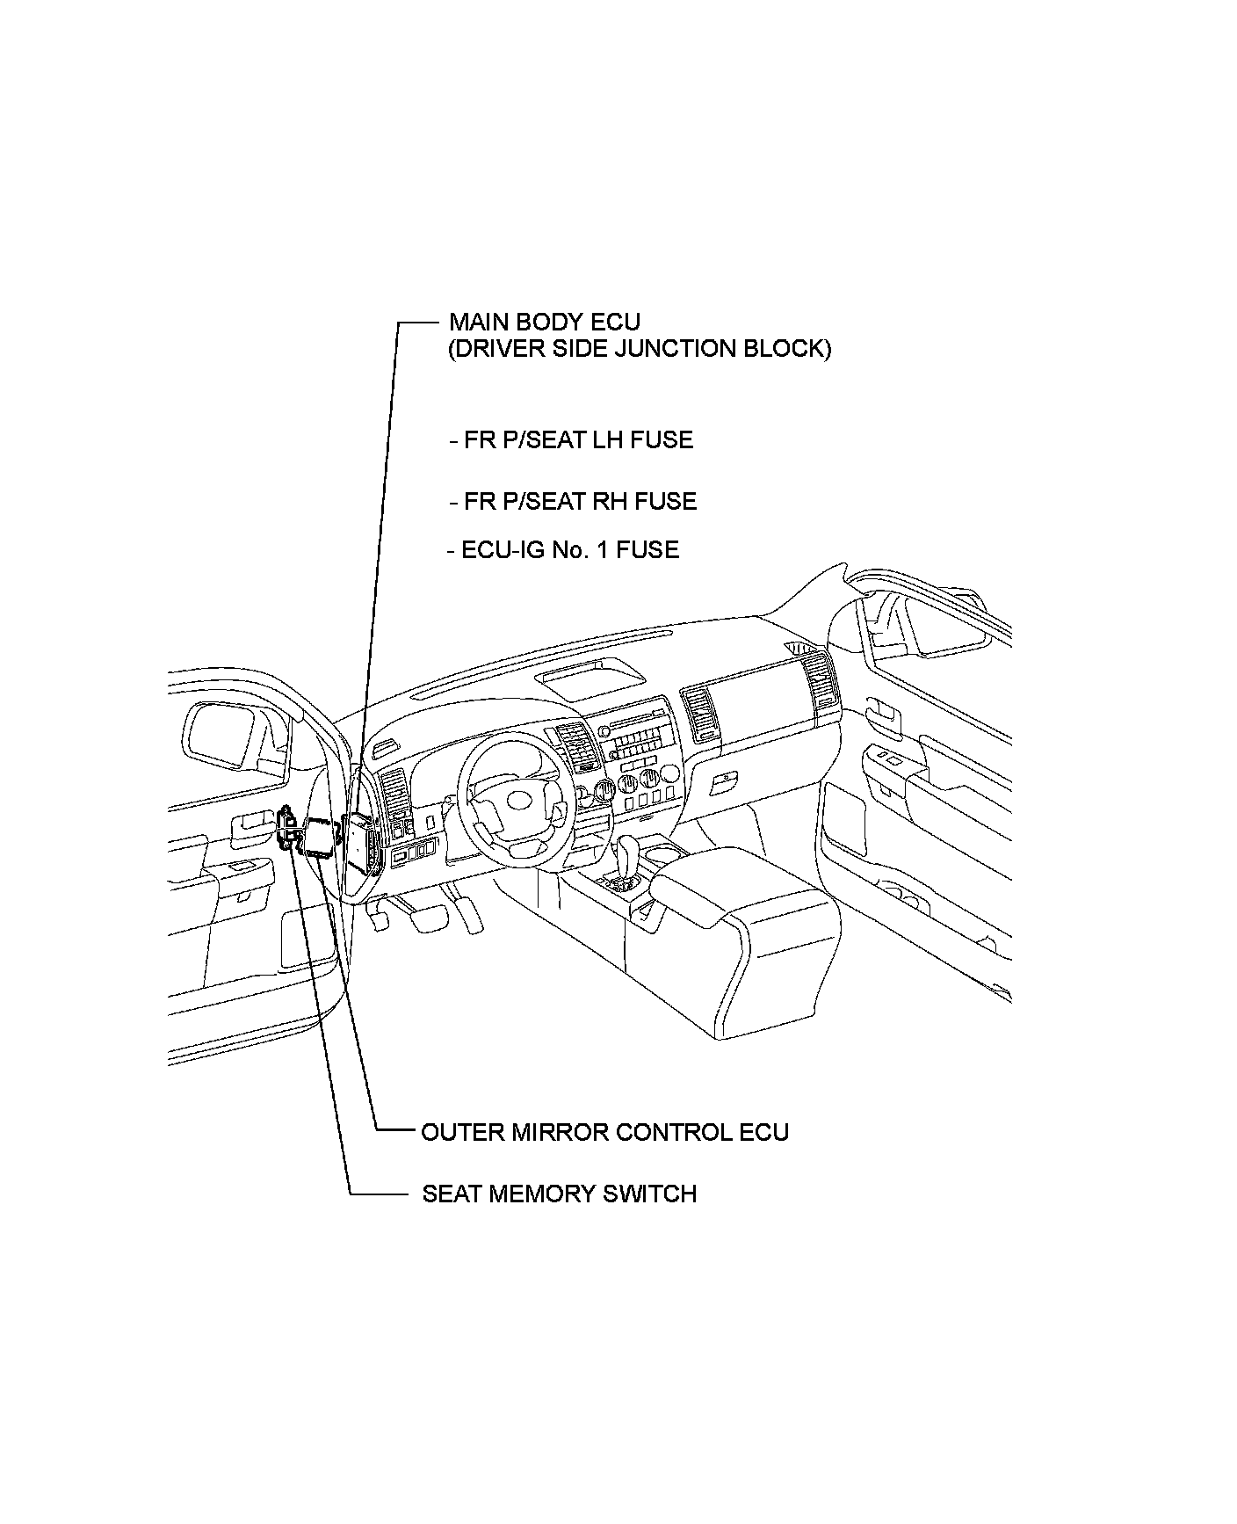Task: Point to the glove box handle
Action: tap(725, 778)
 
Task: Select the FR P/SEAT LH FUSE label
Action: tap(578, 439)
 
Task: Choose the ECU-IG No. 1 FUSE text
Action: tap(569, 550)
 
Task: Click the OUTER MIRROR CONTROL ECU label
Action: tap(604, 1132)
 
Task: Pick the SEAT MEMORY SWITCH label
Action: tap(559, 1194)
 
